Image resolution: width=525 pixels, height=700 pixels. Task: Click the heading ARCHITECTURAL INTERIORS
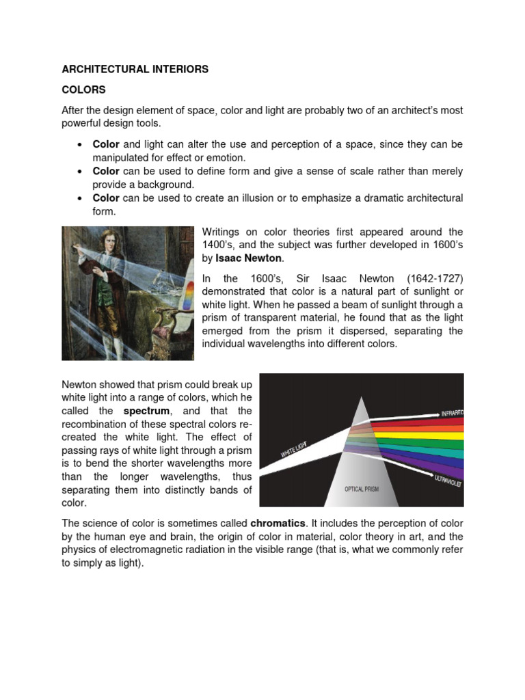(135, 69)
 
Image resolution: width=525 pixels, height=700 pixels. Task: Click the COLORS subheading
(83, 90)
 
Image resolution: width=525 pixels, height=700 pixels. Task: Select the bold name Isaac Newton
(249, 259)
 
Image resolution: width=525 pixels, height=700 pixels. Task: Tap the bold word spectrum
(146, 412)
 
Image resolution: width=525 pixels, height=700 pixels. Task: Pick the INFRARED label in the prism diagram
(451, 413)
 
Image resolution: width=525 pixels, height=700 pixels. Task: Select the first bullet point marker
(80, 145)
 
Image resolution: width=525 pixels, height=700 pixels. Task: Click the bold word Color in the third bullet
(106, 198)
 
